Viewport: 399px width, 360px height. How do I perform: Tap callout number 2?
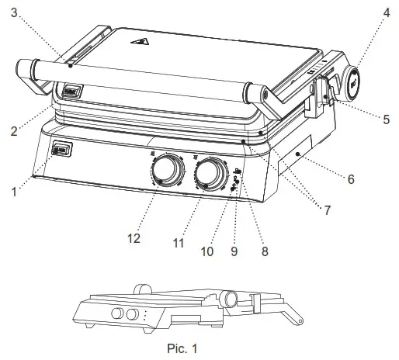click(13, 131)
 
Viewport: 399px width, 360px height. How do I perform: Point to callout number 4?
click(386, 14)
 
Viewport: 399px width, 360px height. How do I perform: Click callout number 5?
click(386, 119)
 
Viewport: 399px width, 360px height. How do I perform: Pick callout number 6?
click(350, 179)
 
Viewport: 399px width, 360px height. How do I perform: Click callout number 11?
click(178, 243)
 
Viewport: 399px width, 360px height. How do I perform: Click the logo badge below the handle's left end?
click(71, 89)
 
